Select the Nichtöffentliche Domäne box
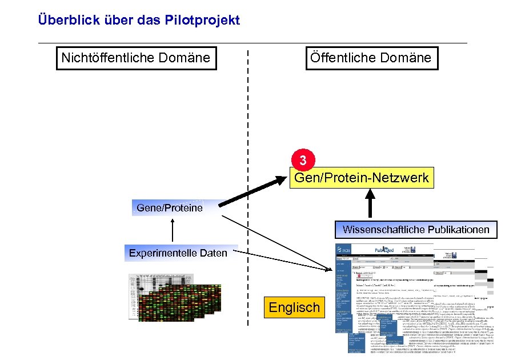[x=135, y=58]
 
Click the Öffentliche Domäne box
[x=370, y=58]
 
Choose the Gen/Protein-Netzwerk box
[x=361, y=178]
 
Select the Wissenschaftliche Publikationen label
[x=416, y=229]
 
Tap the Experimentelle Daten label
[x=178, y=253]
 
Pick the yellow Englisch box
[x=294, y=307]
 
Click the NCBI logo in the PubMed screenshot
[x=344, y=250]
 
